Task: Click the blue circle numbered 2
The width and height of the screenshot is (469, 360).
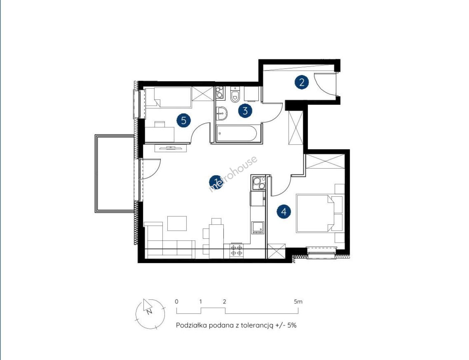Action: pos(302,82)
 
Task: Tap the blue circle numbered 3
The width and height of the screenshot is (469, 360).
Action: pos(245,111)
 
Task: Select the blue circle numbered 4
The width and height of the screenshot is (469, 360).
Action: pos(284,212)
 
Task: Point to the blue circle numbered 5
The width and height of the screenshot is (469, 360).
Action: pos(183,120)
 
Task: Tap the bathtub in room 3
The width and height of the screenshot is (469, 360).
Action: pos(237,133)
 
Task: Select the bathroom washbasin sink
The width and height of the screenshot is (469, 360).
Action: pos(221,113)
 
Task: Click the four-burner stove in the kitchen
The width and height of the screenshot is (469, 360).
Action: pos(236,250)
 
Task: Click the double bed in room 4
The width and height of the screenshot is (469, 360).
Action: pos(315,213)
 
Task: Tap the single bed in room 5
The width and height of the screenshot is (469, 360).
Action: pos(168,97)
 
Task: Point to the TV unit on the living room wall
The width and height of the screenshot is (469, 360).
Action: pos(171,148)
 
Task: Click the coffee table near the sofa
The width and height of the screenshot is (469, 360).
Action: pos(177,223)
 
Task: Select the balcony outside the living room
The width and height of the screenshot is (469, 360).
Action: pos(114,174)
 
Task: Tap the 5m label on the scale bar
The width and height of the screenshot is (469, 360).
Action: pos(298,302)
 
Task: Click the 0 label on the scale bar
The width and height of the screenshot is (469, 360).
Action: pos(177,302)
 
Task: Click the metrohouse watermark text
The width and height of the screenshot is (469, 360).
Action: pos(233,174)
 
